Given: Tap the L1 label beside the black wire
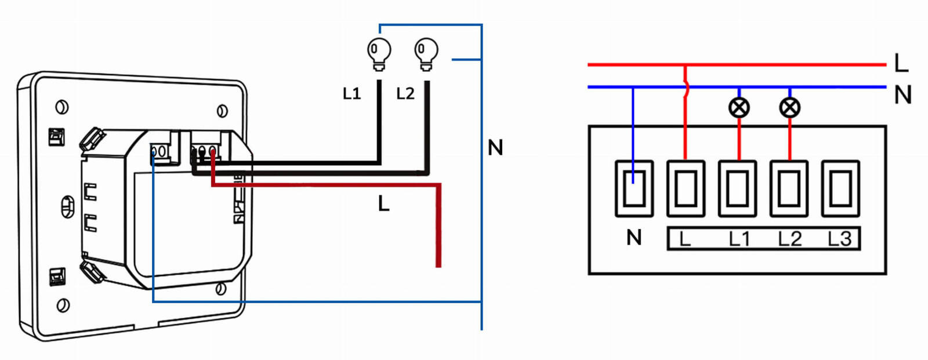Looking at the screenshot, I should pyautogui.click(x=351, y=93).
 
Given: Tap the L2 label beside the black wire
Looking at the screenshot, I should pyautogui.click(x=405, y=93).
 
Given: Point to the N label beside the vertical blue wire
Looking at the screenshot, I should pyautogui.click(x=495, y=148).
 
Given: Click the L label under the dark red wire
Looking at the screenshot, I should pyautogui.click(x=383, y=203).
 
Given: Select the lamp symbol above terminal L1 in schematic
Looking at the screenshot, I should pyautogui.click(x=739, y=107).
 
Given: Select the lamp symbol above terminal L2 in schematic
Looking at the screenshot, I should pyautogui.click(x=789, y=107).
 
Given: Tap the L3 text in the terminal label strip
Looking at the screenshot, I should pyautogui.click(x=839, y=239).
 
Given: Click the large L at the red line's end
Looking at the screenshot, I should pyautogui.click(x=901, y=63).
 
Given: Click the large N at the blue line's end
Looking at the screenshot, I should pyautogui.click(x=902, y=94).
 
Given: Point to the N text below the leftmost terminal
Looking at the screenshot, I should pyautogui.click(x=634, y=237).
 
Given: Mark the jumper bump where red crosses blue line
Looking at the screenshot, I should pyautogui.click(x=687, y=88).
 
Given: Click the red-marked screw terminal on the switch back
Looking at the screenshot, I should pyautogui.click(x=213, y=152).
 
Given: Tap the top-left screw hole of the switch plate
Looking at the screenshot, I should pyautogui.click(x=61, y=107).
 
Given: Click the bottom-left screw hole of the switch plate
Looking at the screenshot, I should pyautogui.click(x=63, y=305).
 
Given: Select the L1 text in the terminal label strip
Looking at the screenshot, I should pyautogui.click(x=739, y=239).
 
